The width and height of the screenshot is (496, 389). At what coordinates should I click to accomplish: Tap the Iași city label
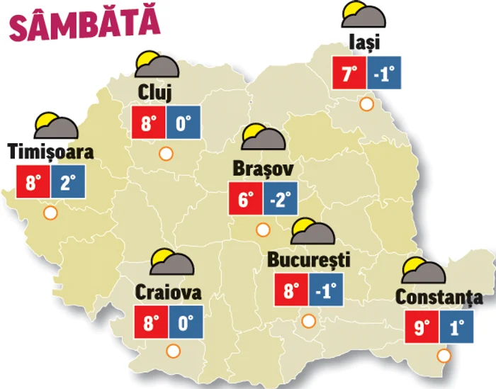(365, 43)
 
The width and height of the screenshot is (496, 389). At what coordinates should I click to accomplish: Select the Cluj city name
(157, 94)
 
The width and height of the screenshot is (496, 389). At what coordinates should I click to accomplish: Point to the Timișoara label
(51, 152)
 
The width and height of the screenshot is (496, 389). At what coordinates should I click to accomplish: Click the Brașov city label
(263, 169)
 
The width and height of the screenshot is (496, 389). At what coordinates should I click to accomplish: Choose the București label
(309, 259)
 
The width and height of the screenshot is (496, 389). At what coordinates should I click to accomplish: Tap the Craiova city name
(169, 292)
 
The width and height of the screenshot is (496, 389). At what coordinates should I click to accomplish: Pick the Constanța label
(439, 298)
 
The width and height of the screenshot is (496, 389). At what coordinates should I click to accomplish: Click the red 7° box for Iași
(349, 73)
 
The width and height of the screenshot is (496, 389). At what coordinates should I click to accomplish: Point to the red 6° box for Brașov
(245, 198)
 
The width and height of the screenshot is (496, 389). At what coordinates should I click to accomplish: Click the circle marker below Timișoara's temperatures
(50, 212)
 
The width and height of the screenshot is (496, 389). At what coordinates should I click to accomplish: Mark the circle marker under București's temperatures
(308, 320)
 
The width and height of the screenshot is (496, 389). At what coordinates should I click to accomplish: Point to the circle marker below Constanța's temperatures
(444, 356)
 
